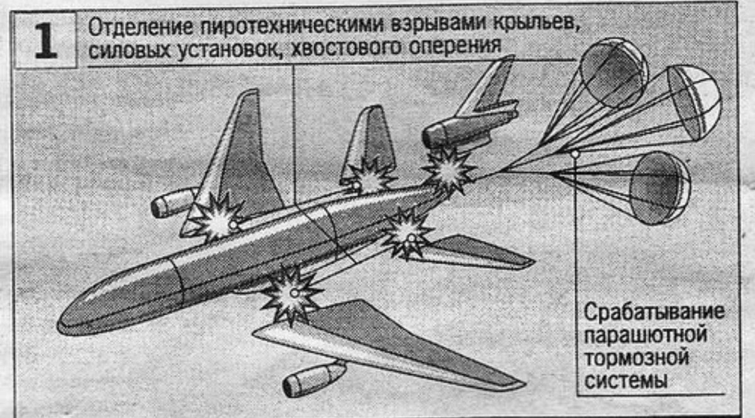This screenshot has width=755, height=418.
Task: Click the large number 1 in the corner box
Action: (x=45, y=41)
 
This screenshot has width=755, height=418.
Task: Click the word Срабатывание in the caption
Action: (x=654, y=313)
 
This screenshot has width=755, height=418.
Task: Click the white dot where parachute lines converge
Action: (x=574, y=153)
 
